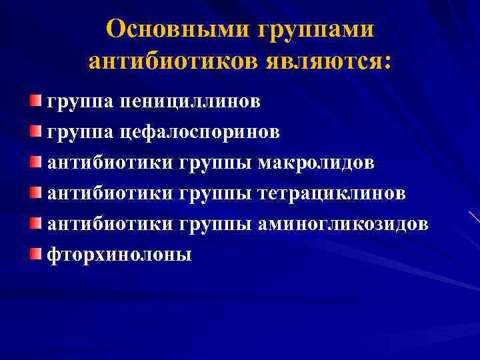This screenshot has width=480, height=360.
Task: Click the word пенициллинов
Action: click(191, 101)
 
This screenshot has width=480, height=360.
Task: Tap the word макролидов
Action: click(316, 163)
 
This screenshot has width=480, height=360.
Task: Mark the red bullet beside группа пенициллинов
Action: click(35, 100)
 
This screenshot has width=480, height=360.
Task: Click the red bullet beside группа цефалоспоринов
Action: click(35, 131)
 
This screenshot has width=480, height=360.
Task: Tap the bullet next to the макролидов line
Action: click(35, 161)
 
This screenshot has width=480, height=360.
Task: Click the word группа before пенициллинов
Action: click(80, 102)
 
